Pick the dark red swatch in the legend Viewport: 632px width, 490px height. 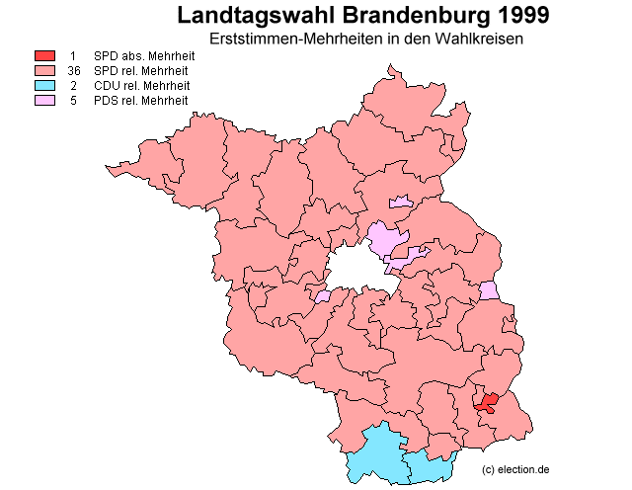pos(45,56)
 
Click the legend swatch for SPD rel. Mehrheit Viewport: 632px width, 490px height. pos(45,71)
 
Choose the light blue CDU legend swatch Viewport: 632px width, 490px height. pos(45,86)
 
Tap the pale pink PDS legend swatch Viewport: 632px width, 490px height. pos(45,101)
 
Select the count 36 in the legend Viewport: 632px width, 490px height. pos(74,71)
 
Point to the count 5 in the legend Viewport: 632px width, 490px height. pos(74,101)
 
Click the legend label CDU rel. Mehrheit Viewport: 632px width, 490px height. pos(141,86)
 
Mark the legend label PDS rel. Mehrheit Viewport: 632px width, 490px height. pos(141,101)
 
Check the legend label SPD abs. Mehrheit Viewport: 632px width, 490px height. pos(143,56)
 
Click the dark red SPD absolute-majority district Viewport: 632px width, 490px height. pos(486,402)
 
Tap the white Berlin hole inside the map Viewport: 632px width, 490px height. pos(355,269)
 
